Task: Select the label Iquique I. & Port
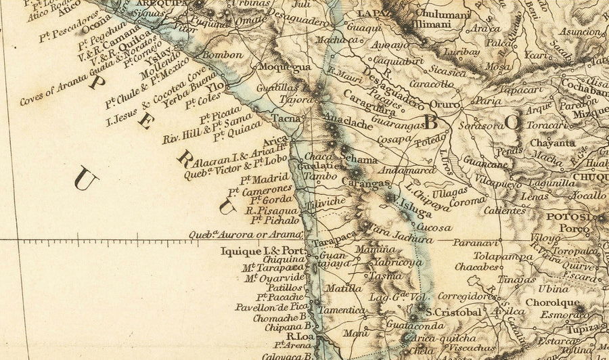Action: [x=263, y=251]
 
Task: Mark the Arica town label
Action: [x=276, y=141]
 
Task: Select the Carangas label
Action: [x=365, y=183]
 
